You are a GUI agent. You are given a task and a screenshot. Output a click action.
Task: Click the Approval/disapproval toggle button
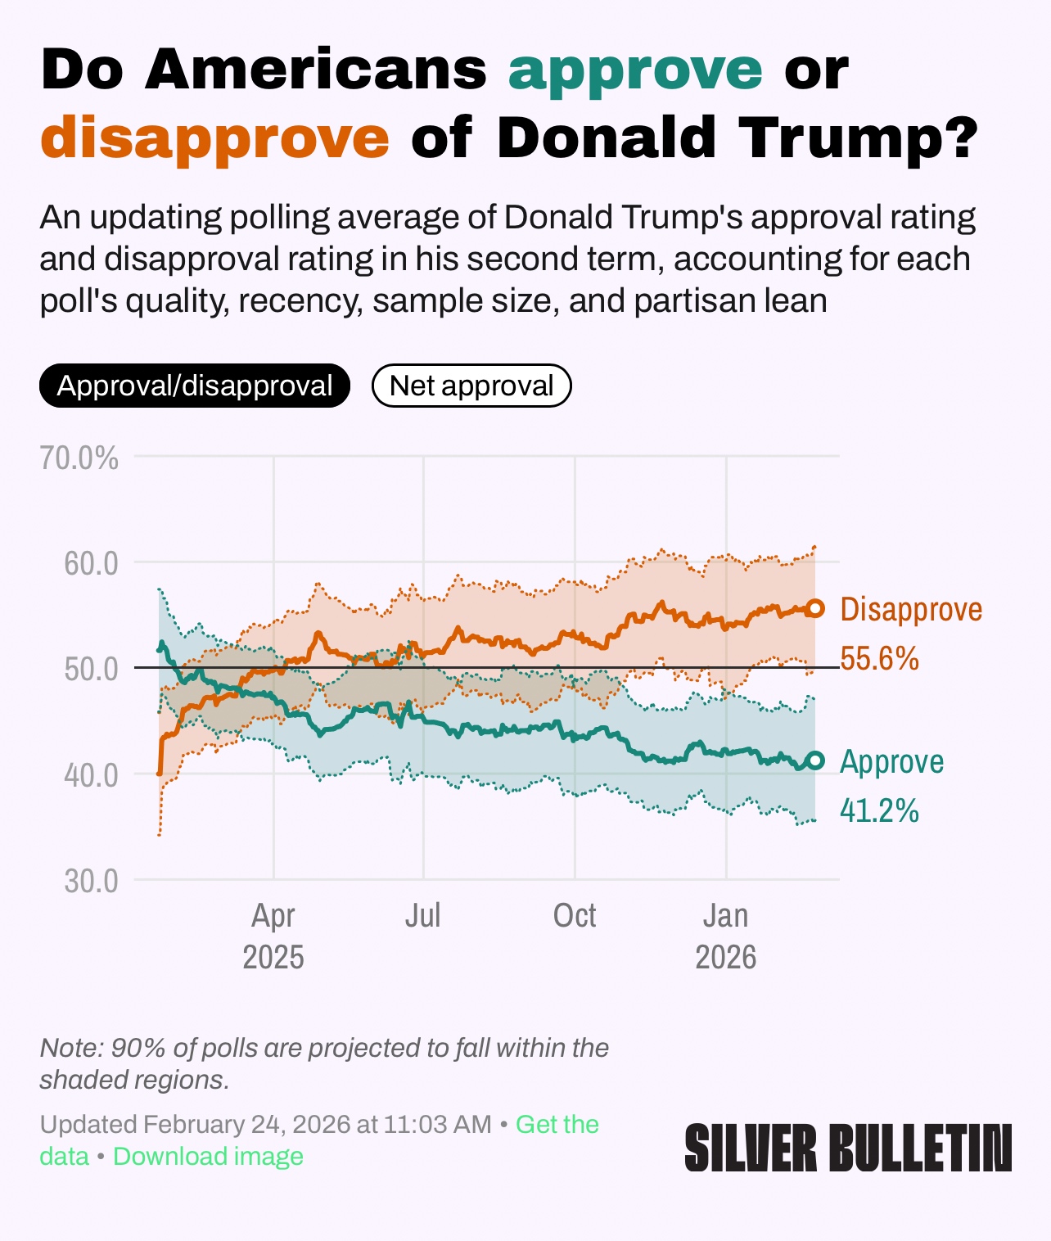coord(195,386)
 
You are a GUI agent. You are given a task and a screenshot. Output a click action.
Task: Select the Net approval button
coord(471,386)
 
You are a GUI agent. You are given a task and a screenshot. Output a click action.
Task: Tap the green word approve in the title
coord(635,70)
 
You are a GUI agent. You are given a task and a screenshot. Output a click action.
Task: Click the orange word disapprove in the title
coord(214,137)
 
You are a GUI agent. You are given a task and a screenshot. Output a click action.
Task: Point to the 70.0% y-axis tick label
coord(79,458)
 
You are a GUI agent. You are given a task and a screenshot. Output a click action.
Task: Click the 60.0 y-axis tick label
coord(92,563)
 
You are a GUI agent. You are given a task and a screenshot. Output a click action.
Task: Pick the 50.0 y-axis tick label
coord(92,669)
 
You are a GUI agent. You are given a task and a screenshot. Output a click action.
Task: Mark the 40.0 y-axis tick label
coord(92,774)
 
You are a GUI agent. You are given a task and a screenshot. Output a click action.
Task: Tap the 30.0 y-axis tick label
coord(92,881)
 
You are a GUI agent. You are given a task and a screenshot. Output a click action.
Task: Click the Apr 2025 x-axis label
coord(273,936)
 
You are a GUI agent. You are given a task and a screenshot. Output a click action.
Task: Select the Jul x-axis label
coord(423,915)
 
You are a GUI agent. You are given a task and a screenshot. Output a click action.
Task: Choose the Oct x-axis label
coord(575,915)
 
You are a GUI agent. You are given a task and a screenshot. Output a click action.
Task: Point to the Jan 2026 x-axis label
coord(726,936)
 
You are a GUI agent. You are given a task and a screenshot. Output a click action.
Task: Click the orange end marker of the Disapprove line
coord(815,608)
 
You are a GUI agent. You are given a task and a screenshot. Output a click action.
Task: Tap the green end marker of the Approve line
coord(815,760)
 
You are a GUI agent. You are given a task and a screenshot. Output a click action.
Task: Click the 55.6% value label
coord(880,658)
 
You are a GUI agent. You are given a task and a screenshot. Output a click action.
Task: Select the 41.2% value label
coord(880,810)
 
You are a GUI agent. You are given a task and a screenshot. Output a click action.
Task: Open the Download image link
coord(208,1157)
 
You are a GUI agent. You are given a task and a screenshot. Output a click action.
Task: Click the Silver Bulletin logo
coord(848,1147)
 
